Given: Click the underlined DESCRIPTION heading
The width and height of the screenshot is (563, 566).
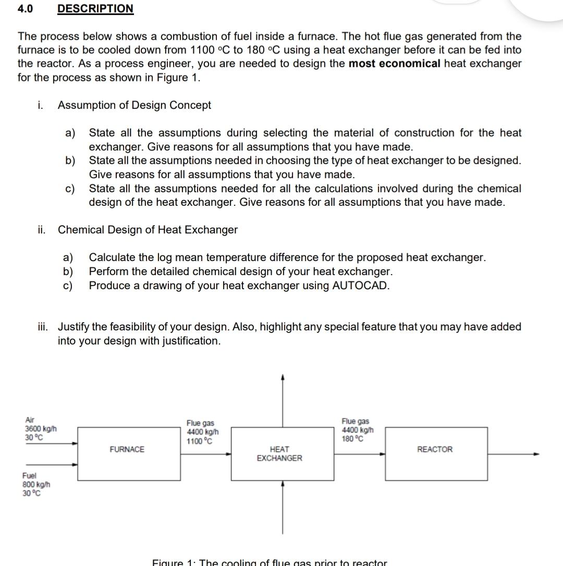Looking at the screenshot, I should tap(95, 9).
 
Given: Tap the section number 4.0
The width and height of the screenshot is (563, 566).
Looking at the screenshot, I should tap(25, 9).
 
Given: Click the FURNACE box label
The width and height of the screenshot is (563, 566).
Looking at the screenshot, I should tap(127, 449).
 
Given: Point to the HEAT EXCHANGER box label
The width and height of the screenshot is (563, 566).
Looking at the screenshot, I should tap(279, 453).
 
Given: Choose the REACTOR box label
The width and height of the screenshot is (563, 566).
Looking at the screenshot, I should tap(435, 449).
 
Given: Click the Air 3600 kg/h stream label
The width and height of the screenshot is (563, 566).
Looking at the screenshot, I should tap(41, 428).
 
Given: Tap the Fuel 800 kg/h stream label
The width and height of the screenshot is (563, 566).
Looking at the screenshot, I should tap(35, 484).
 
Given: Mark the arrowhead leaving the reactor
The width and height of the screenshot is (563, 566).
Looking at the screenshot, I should tap(535, 453).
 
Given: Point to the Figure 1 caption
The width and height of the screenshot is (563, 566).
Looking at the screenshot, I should tap(270, 562).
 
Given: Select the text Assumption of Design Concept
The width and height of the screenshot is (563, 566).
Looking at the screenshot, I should tap(134, 105).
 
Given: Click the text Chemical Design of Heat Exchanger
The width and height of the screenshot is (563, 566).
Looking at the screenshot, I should tap(148, 230).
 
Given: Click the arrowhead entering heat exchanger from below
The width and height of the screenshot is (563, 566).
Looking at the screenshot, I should tap(283, 484).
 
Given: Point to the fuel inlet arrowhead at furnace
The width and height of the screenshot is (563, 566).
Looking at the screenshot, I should tap(76, 465).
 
